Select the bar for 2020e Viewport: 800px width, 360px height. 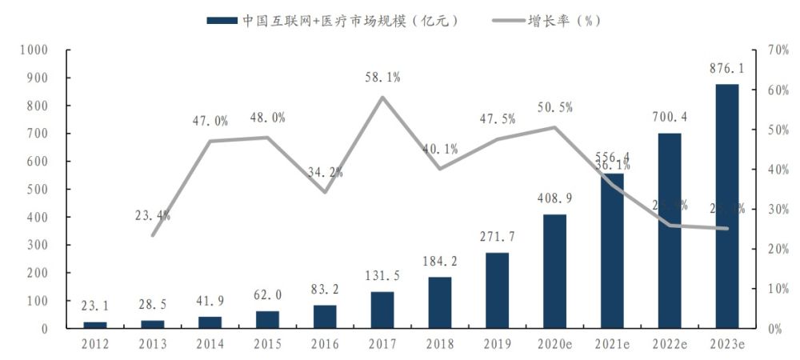coord(554,271)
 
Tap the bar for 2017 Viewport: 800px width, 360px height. coord(382,310)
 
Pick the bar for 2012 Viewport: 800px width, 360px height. coord(94,325)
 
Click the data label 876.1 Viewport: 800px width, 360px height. coord(726,69)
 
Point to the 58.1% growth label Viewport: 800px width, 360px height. coord(382,78)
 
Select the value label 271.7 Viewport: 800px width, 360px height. coord(497,238)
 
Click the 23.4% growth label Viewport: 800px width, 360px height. coord(152,215)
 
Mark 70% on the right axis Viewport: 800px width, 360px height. coord(778,50)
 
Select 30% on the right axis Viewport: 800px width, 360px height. coord(778,210)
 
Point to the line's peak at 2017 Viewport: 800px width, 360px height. coord(382,98)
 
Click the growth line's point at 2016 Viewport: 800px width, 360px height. coord(325,192)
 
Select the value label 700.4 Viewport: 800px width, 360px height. coord(669,118)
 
